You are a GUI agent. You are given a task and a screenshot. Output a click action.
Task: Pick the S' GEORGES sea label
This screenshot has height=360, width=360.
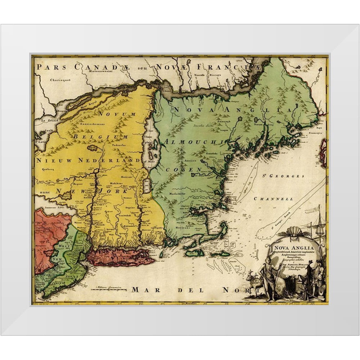[x=283, y=176]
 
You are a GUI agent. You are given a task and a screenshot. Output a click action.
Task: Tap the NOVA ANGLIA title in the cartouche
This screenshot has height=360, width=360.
[x=293, y=247]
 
